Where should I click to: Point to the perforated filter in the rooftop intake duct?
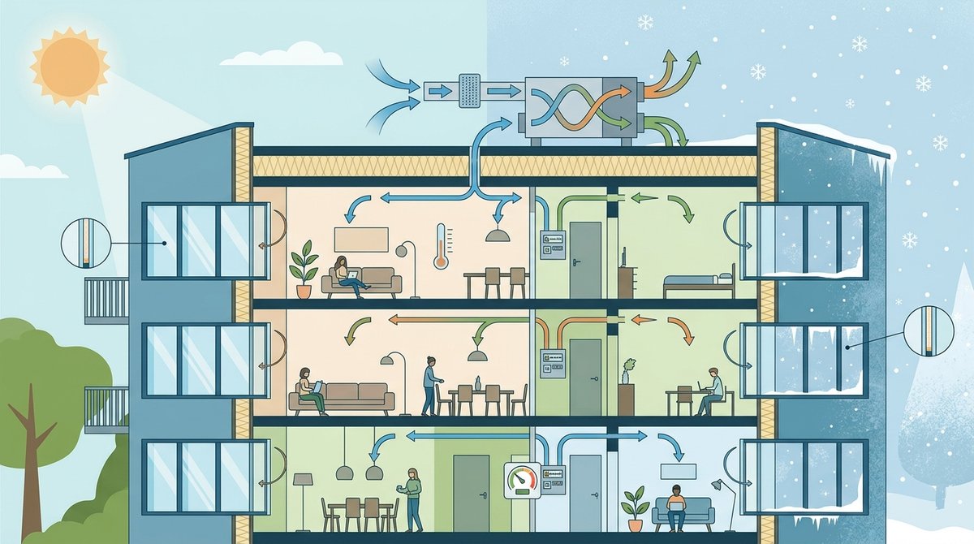coord(470,89)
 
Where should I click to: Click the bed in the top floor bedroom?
coord(698,283)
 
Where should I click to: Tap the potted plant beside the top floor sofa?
coord(304,268)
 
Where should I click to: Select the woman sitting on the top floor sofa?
coord(344,273)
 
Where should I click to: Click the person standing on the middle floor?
coord(431,383)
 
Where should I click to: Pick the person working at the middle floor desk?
coord(711,389)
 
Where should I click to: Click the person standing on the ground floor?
coord(413,498)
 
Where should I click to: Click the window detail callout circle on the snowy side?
coord(926,330)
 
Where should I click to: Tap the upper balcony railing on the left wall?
coord(106,300)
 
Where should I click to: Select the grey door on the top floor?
coord(584,260)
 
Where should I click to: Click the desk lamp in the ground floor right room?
coord(723,495)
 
